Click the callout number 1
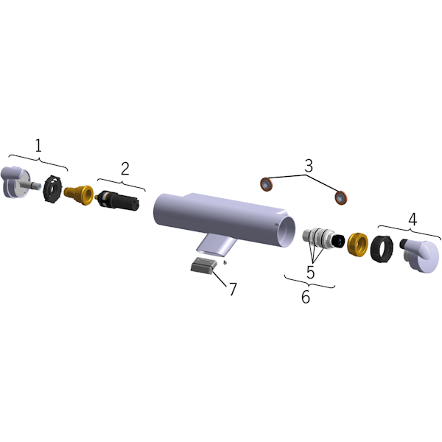(38, 146)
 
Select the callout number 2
(125, 169)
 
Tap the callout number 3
(309, 166)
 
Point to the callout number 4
(413, 219)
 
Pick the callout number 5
(310, 273)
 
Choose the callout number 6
(306, 297)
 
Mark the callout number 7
(233, 289)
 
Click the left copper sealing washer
(267, 184)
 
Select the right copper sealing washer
(341, 198)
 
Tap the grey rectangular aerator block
(203, 265)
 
